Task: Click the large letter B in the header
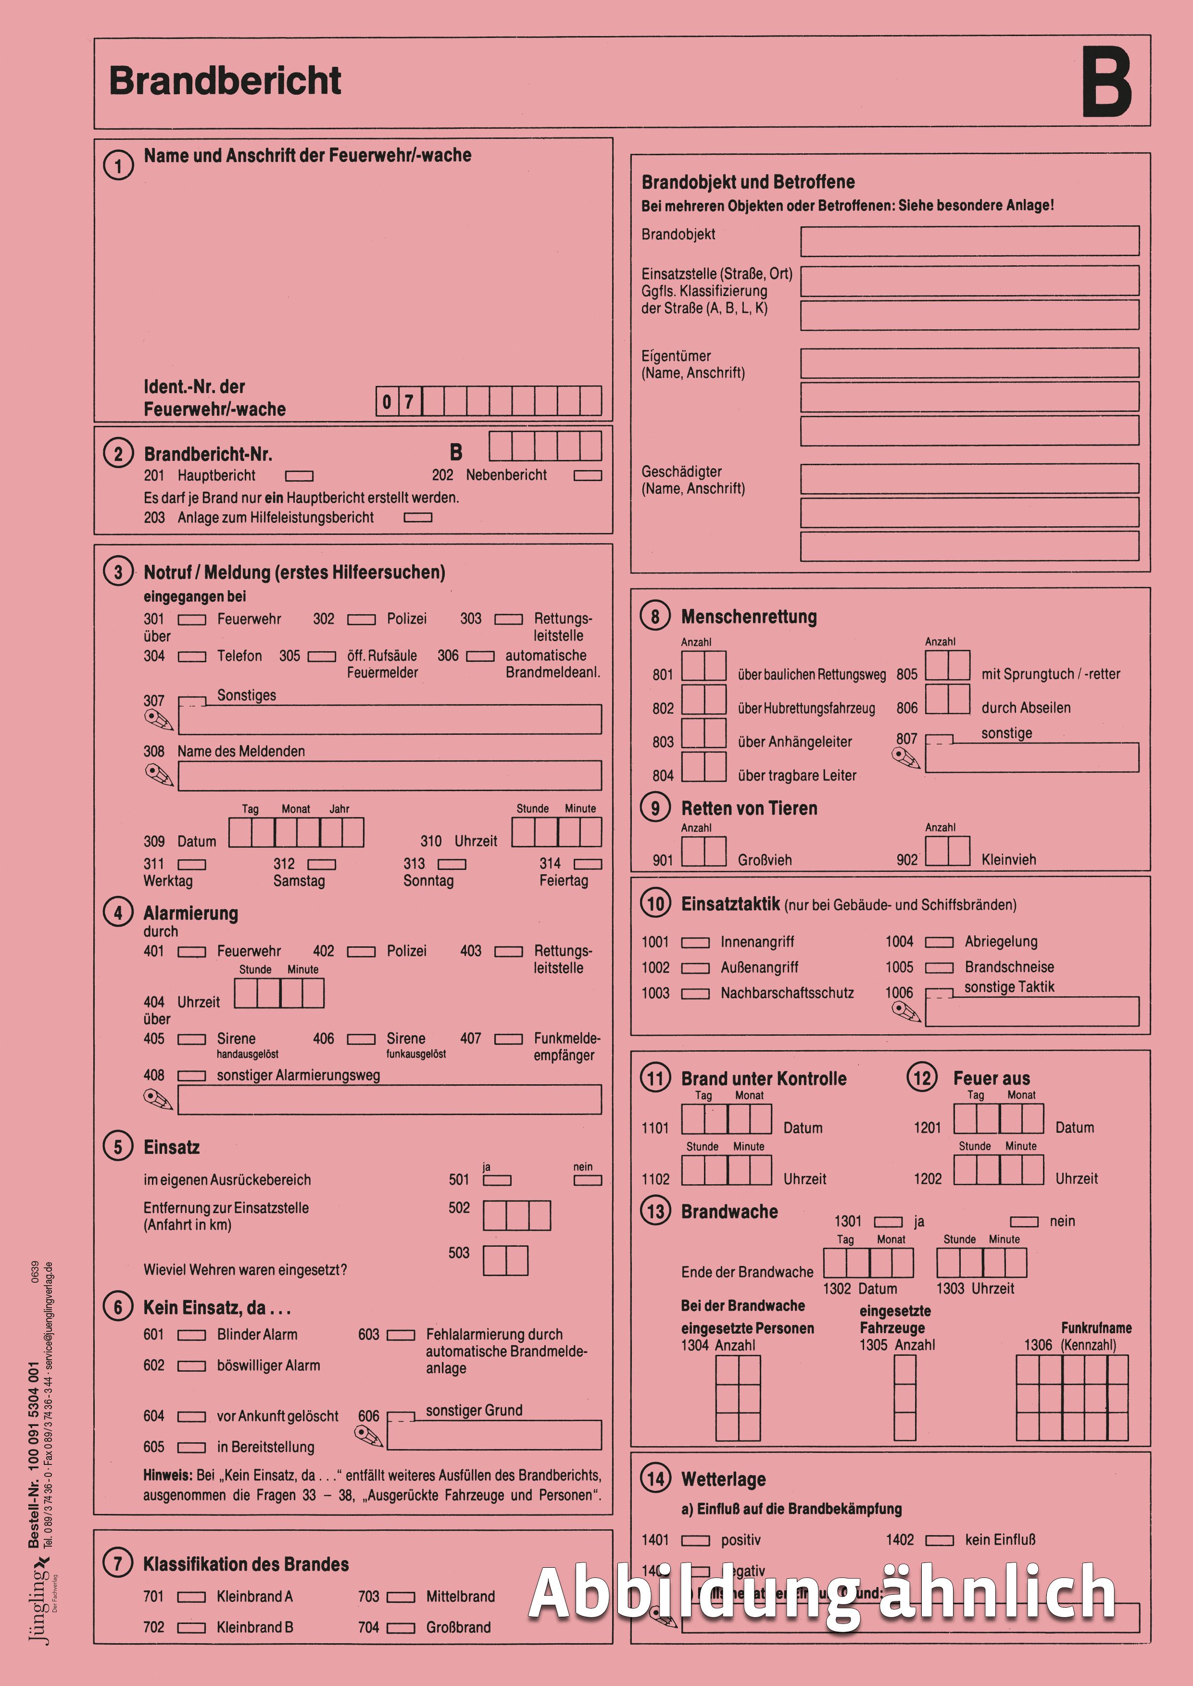click(x=1106, y=82)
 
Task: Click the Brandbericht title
click(x=225, y=81)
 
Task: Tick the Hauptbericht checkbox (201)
click(x=299, y=476)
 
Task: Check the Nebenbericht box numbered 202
click(x=588, y=476)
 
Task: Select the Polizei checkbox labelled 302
click(x=361, y=620)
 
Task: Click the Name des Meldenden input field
click(x=389, y=775)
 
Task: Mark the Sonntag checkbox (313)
click(x=452, y=864)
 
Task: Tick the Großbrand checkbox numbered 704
click(x=401, y=1628)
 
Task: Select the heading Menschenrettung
click(x=749, y=617)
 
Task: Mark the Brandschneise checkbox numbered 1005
click(x=939, y=968)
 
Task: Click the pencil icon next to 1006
click(x=906, y=1012)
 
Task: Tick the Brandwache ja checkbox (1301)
click(x=887, y=1222)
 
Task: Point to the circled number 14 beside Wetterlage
click(x=655, y=1479)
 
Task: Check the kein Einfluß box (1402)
click(x=939, y=1540)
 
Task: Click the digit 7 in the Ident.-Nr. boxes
click(x=409, y=402)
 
